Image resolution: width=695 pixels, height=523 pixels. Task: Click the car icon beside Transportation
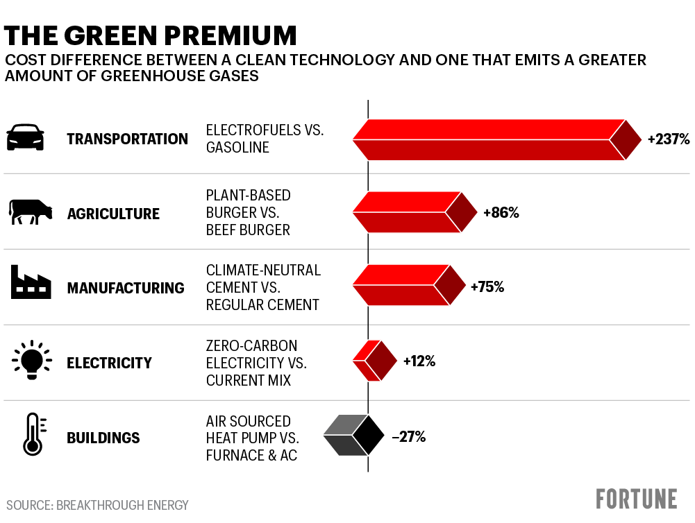[25, 138]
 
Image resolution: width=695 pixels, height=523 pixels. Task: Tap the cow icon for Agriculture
[30, 212]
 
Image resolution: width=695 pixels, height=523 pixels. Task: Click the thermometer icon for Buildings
[32, 435]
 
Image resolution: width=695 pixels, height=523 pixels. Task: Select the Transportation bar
[496, 139]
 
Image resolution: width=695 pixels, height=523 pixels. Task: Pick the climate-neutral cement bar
[408, 286]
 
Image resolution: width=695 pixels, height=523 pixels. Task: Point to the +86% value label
[501, 213]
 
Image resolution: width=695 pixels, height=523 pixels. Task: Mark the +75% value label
[487, 286]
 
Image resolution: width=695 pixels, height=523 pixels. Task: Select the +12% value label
[419, 361]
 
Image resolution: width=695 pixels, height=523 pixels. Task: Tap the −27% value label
[408, 437]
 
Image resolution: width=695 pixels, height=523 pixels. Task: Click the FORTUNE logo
[636, 499]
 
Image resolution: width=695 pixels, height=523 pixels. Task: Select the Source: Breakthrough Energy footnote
[97, 505]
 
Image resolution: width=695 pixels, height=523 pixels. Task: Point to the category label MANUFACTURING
[126, 288]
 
